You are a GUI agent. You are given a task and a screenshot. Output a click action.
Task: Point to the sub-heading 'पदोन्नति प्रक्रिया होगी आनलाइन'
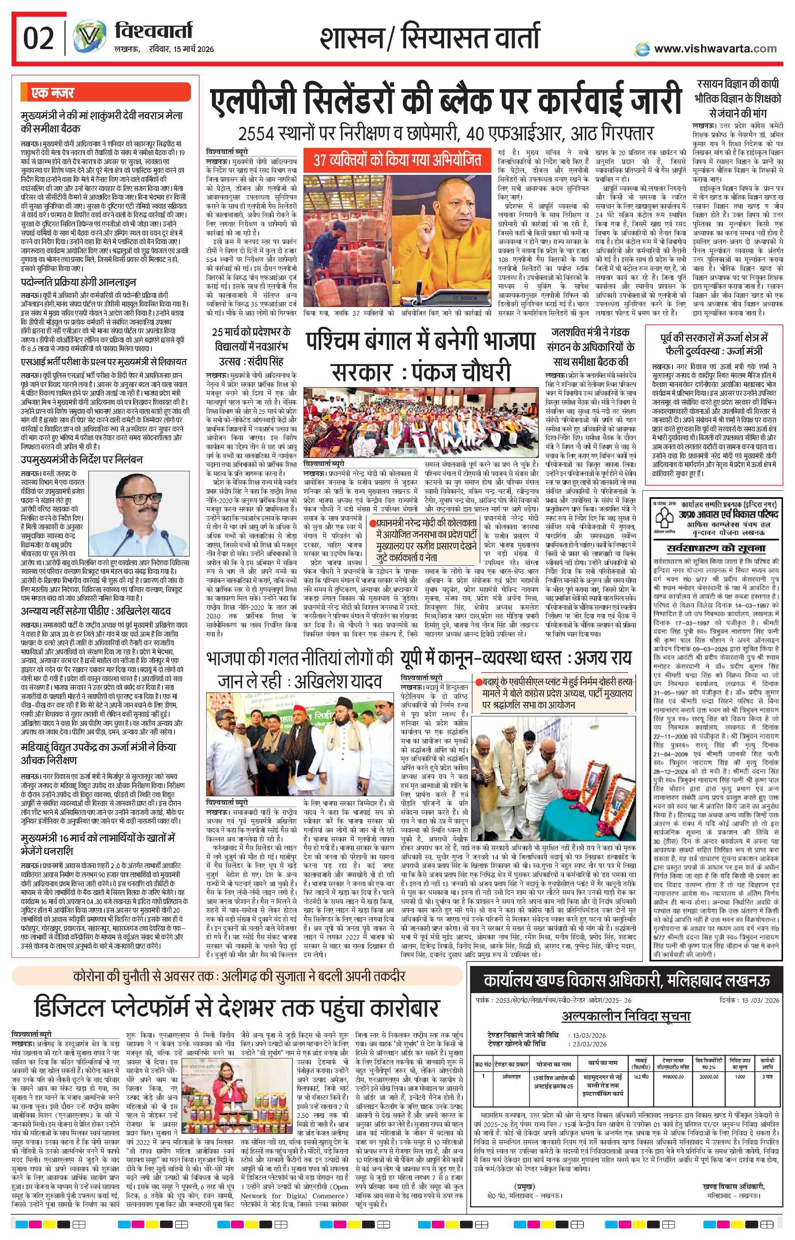[78, 283]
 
